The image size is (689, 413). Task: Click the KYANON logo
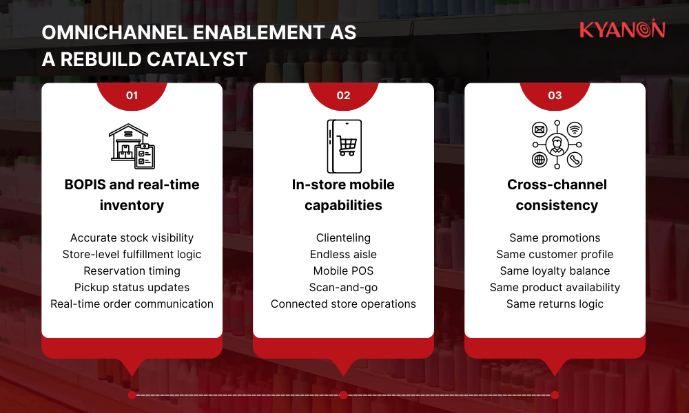[621, 30]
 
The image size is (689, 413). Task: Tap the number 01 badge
[132, 96]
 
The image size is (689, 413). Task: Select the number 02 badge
[343, 96]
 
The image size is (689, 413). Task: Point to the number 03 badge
[555, 96]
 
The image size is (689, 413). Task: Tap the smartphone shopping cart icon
[343, 146]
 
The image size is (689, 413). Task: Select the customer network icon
[555, 145]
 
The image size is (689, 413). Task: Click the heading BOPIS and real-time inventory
[132, 195]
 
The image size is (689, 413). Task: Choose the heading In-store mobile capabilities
[343, 195]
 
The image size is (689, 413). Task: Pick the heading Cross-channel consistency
[555, 195]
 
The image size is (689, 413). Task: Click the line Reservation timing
[132, 271]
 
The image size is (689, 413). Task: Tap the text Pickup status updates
[132, 287]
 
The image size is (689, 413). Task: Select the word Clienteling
[343, 237]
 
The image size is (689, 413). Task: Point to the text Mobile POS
[343, 271]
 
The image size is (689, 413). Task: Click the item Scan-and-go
[343, 287]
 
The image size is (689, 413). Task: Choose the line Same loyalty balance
[555, 271]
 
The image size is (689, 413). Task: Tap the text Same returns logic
[555, 304]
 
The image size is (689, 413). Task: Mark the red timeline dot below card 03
[555, 395]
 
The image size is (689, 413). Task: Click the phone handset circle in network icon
[575, 160]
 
